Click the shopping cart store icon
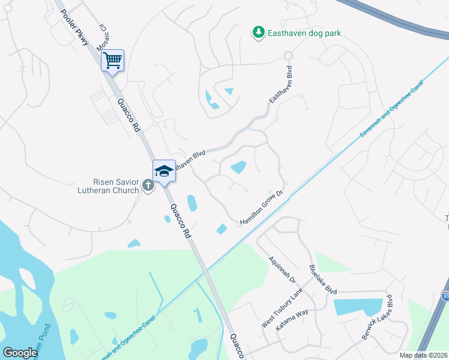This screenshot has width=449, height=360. pos(112,60)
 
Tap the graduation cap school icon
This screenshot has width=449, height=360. pos(164,171)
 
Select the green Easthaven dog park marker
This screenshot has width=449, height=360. pos(258,32)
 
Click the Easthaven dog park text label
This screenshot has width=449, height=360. pos(304,34)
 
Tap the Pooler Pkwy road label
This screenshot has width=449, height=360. pos(75,29)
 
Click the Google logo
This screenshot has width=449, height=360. pos(20,353)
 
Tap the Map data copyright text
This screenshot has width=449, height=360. pos(424,355)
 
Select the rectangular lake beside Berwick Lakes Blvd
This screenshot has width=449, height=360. pos(357,307)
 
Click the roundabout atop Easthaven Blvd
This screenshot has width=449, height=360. pos(288,56)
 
